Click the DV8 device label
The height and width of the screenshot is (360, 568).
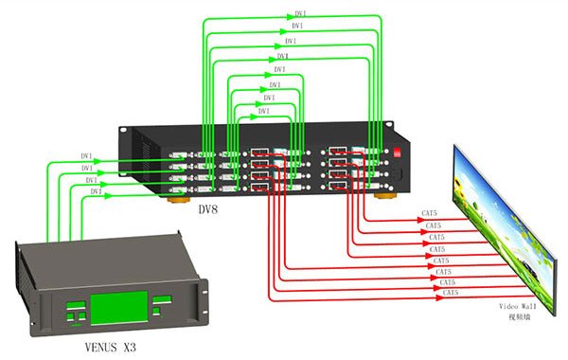tap(208, 210)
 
